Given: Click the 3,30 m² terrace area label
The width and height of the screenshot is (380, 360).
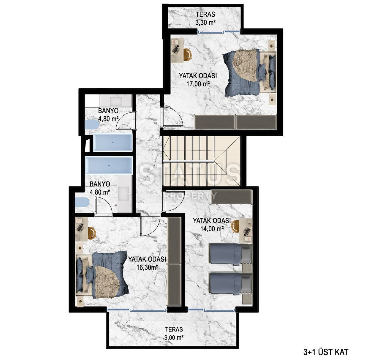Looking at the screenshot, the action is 205,23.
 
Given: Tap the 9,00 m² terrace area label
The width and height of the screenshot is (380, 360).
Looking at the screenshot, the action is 174,338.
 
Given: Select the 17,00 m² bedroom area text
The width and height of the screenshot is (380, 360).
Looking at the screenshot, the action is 198,84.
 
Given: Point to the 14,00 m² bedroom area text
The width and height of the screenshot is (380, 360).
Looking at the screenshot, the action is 212,229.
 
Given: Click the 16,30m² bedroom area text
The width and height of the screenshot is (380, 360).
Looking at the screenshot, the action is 147,267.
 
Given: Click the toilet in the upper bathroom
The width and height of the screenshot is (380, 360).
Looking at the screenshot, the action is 92,124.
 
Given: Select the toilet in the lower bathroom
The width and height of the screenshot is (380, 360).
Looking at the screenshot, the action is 82,202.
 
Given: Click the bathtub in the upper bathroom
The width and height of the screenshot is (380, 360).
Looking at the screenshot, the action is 113,142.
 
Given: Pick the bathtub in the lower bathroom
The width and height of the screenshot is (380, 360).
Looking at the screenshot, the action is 109,165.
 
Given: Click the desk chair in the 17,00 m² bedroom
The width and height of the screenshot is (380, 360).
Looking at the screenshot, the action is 188,53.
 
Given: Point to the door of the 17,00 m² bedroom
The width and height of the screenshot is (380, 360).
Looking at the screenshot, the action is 172,117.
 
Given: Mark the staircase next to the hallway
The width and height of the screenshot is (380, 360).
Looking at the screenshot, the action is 201,161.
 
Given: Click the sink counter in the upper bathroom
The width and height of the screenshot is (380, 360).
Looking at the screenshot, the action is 116,101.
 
